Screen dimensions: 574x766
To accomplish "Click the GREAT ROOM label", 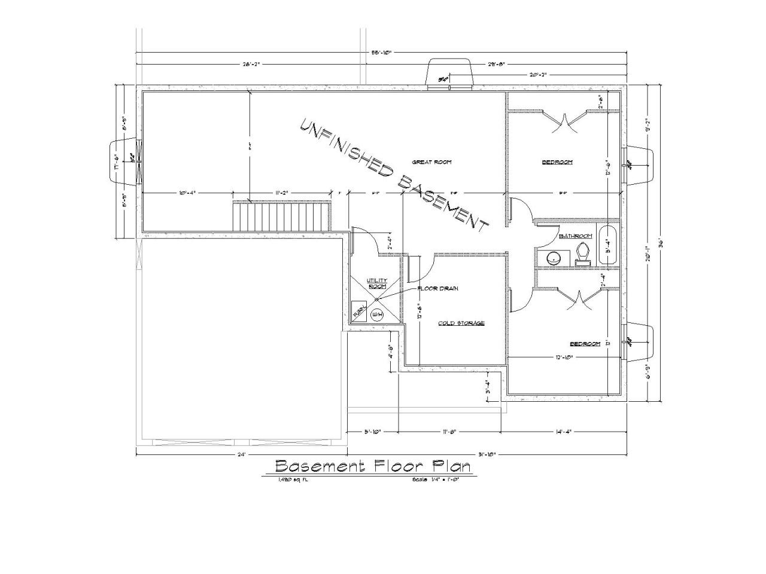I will point(431,162).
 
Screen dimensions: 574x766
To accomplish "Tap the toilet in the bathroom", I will point(582,255).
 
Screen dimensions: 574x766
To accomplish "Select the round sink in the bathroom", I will point(553,258).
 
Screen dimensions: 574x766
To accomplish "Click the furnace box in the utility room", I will point(358,311).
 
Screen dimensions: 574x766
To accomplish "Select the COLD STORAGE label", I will point(461,323).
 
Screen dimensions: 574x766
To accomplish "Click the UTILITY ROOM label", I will point(377,283).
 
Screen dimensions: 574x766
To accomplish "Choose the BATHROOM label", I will point(575,236).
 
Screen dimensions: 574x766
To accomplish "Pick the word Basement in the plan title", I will point(319,466).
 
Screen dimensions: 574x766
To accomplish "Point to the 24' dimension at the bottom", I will point(241,454).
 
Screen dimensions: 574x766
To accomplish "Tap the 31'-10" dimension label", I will point(487,454).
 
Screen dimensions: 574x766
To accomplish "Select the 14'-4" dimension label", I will point(563,431).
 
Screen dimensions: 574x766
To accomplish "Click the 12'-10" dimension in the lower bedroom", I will point(564,358).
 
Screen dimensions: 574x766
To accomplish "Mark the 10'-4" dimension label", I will point(187,193).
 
